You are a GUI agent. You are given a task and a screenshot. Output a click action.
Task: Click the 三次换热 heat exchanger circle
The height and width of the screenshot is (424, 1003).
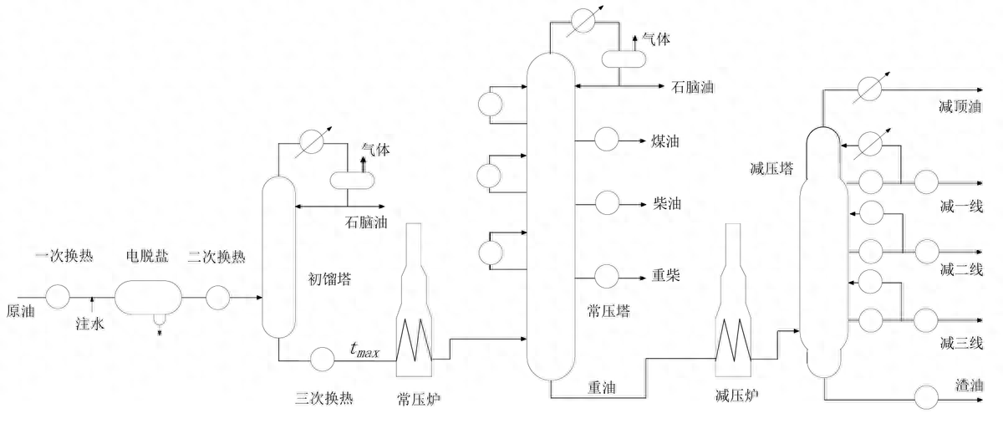tap(322, 359)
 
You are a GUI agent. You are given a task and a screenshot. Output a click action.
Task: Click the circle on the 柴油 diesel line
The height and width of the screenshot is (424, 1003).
tap(606, 202)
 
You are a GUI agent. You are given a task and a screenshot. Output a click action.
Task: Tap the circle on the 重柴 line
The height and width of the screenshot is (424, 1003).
tap(606, 273)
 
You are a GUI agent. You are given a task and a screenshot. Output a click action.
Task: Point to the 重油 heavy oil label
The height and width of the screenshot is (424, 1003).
tap(604, 387)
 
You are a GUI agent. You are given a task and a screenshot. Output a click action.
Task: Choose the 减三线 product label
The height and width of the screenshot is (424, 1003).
tap(960, 342)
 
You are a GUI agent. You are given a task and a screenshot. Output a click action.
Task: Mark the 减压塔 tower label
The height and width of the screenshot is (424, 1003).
tap(772, 168)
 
